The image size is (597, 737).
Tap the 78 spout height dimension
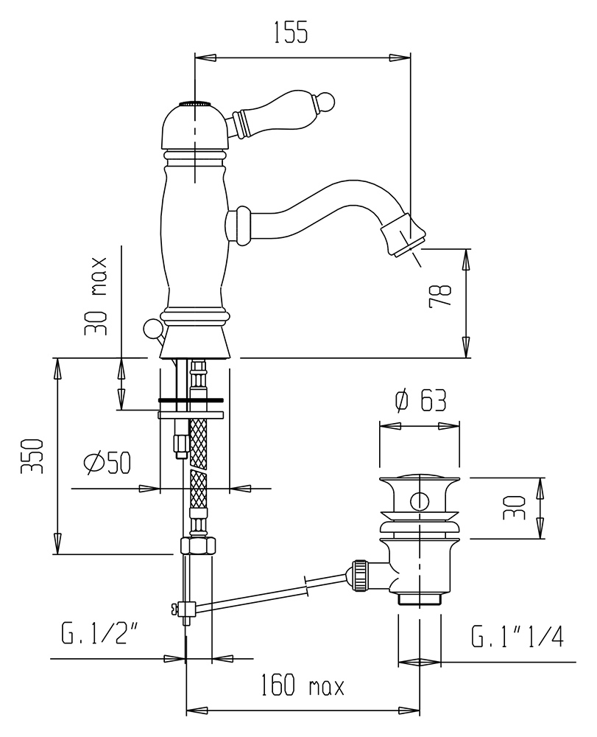[440, 296]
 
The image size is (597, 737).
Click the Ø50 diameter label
[107, 463]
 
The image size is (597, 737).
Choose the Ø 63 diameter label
[420, 402]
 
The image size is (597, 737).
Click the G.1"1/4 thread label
[517, 636]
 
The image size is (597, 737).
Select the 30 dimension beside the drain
[515, 508]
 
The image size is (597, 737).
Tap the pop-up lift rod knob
[152, 327]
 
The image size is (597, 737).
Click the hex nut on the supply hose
[199, 546]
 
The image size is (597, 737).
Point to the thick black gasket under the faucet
[190, 401]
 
